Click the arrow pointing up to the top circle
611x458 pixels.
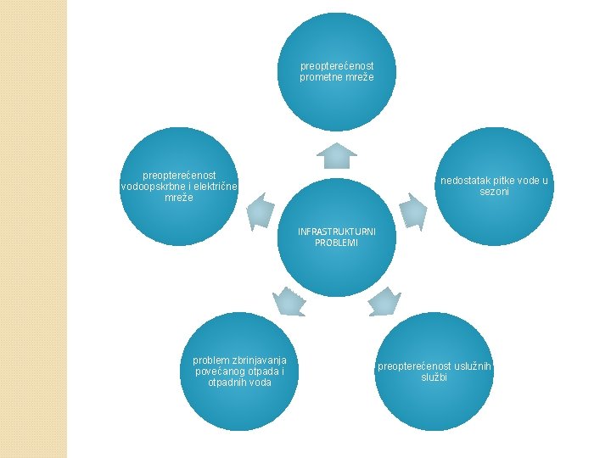coord(337,156)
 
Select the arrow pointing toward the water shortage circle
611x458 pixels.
coord(412,211)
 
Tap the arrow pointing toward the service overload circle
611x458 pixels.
coord(385,300)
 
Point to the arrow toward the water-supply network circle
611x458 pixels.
coord(261,211)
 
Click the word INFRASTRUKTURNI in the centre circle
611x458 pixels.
coord(337,232)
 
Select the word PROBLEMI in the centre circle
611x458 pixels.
coord(337,243)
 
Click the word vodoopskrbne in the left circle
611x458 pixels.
coord(153,187)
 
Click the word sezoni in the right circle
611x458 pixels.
coord(494,192)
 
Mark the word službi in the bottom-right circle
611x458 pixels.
coord(434,377)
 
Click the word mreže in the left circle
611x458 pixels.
coord(179,198)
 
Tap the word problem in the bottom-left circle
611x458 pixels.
coord(210,360)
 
